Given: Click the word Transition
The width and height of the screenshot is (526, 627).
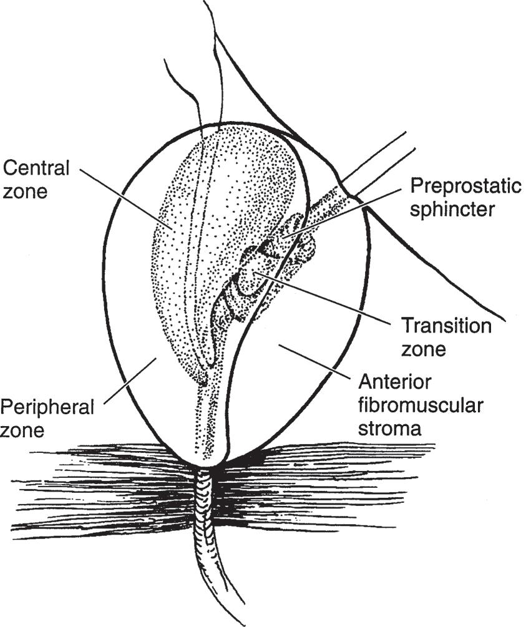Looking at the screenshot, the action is click(x=446, y=326).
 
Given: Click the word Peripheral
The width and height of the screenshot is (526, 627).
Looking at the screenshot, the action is click(x=47, y=407).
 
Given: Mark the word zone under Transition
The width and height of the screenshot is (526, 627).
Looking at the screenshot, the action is click(x=424, y=349).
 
